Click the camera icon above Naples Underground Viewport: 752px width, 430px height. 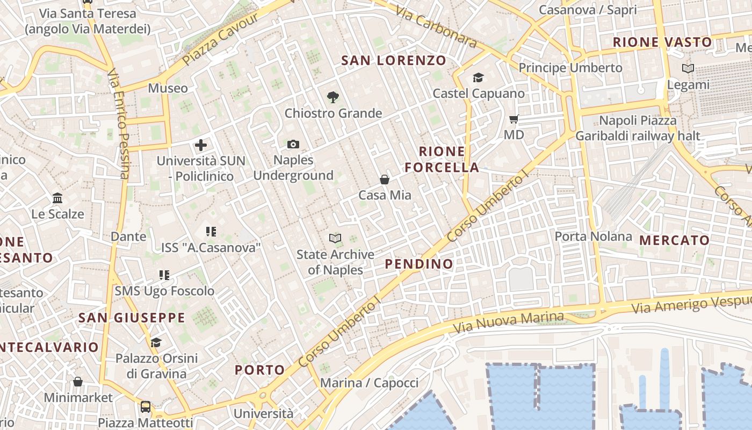[293, 144]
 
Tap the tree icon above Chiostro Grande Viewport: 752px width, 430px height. [333, 97]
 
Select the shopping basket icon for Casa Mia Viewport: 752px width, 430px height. [385, 180]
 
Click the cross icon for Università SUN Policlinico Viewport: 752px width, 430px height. [201, 145]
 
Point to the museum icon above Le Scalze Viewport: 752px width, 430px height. [57, 198]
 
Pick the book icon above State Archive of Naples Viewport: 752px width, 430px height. [335, 238]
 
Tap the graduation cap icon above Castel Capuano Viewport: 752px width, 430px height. [478, 78]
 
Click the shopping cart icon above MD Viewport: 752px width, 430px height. [514, 119]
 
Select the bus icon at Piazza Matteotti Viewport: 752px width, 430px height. [146, 406]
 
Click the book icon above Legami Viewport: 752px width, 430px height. [688, 68]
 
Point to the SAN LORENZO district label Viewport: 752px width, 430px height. [394, 60]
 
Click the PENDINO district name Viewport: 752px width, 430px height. [419, 264]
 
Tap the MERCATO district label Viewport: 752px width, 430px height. [675, 240]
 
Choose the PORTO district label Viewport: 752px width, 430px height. [260, 370]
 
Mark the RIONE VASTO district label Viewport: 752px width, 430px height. [662, 42]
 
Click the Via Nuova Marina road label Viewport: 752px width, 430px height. [508, 321]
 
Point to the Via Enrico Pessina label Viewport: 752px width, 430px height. [118, 124]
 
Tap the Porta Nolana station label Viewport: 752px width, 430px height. [593, 236]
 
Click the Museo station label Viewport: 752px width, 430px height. [168, 88]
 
